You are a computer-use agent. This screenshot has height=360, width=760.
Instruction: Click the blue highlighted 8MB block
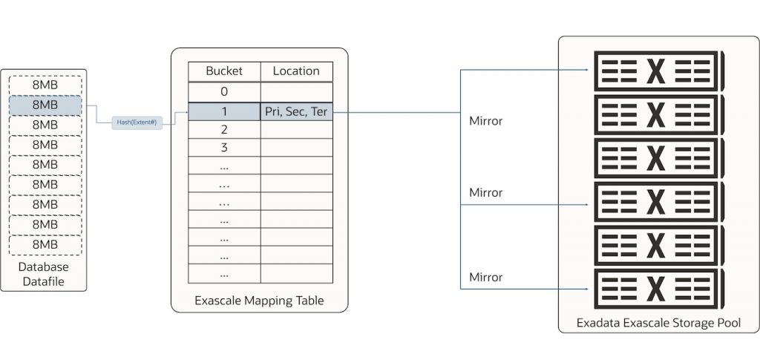click(45, 105)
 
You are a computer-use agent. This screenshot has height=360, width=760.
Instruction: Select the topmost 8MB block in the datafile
click(45, 85)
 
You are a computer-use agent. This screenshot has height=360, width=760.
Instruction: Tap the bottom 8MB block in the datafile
click(45, 244)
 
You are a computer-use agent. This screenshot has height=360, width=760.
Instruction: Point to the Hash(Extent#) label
click(137, 122)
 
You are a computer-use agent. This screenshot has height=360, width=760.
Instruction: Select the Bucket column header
click(223, 71)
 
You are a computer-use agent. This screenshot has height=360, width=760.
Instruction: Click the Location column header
click(296, 71)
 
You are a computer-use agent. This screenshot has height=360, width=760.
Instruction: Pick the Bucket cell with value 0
click(223, 92)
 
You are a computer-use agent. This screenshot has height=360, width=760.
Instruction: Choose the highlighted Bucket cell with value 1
click(223, 112)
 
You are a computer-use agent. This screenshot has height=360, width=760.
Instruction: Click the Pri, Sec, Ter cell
click(296, 112)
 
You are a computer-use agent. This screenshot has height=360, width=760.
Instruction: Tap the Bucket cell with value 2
click(223, 129)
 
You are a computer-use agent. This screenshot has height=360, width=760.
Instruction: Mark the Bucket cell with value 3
click(223, 148)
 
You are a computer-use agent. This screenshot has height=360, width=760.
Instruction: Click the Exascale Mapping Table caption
click(259, 301)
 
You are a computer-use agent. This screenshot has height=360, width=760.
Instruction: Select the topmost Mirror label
click(485, 120)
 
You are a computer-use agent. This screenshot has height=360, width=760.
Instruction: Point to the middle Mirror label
click(485, 193)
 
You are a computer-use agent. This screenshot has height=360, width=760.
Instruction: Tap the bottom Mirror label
click(485, 277)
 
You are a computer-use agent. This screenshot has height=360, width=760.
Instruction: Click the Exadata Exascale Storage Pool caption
click(658, 324)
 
